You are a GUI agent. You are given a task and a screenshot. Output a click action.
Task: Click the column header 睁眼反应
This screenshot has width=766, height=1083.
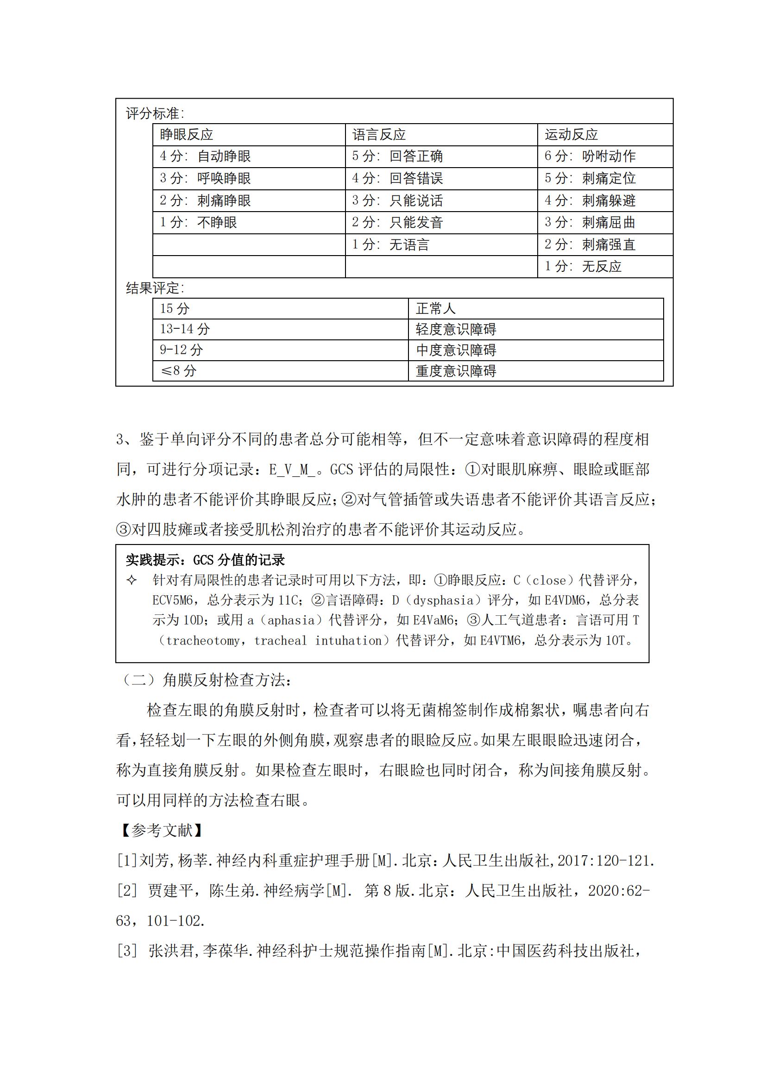pyautogui.click(x=186, y=135)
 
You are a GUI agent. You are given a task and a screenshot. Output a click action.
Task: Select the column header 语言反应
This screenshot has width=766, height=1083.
pyautogui.click(x=379, y=135)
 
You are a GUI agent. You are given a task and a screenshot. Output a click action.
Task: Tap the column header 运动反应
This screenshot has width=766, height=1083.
pyautogui.click(x=571, y=135)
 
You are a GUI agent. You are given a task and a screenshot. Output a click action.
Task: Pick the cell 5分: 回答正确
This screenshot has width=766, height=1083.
pyautogui.click(x=397, y=156)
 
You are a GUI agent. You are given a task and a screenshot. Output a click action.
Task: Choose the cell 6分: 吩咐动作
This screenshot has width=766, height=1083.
pyautogui.click(x=590, y=156)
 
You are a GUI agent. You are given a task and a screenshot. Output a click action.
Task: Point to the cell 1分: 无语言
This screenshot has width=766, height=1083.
pyautogui.click(x=390, y=245)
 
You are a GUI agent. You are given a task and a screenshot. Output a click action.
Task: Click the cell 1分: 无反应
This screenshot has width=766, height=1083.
pyautogui.click(x=583, y=267)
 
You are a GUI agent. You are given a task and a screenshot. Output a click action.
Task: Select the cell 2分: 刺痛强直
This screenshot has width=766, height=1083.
pyautogui.click(x=590, y=245)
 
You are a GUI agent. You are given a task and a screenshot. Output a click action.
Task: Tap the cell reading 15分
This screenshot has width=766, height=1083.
pyautogui.click(x=175, y=308)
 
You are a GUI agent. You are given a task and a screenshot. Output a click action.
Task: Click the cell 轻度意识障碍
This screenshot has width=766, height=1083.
pyautogui.click(x=456, y=329)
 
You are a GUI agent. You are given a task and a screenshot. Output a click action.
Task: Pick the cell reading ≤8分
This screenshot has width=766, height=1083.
pyautogui.click(x=178, y=371)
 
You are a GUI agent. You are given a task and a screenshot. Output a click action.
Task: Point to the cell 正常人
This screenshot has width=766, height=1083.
pyautogui.click(x=435, y=308)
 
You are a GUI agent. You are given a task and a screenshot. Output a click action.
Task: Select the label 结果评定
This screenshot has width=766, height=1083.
pyautogui.click(x=155, y=288)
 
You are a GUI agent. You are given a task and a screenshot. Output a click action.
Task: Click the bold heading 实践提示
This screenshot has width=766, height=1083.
pyautogui.click(x=205, y=560)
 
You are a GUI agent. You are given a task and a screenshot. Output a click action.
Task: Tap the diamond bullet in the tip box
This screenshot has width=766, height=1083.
pyautogui.click(x=132, y=580)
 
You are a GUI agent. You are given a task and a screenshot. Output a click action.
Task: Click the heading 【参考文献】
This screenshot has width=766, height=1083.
pyautogui.click(x=162, y=830)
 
